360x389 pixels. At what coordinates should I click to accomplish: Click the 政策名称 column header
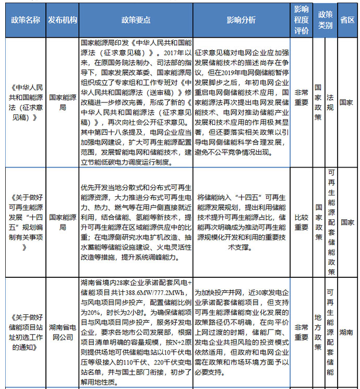click(x=25, y=19)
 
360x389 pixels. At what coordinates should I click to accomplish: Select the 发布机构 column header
click(x=63, y=19)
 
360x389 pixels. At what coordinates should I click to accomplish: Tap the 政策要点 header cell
click(x=136, y=19)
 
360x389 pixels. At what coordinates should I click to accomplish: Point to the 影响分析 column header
click(x=241, y=19)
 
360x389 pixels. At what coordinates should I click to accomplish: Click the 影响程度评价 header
click(x=302, y=19)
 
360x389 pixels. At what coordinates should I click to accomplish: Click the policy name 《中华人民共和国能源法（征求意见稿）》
click(x=25, y=102)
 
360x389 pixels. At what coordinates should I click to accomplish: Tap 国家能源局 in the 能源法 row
click(x=63, y=102)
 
